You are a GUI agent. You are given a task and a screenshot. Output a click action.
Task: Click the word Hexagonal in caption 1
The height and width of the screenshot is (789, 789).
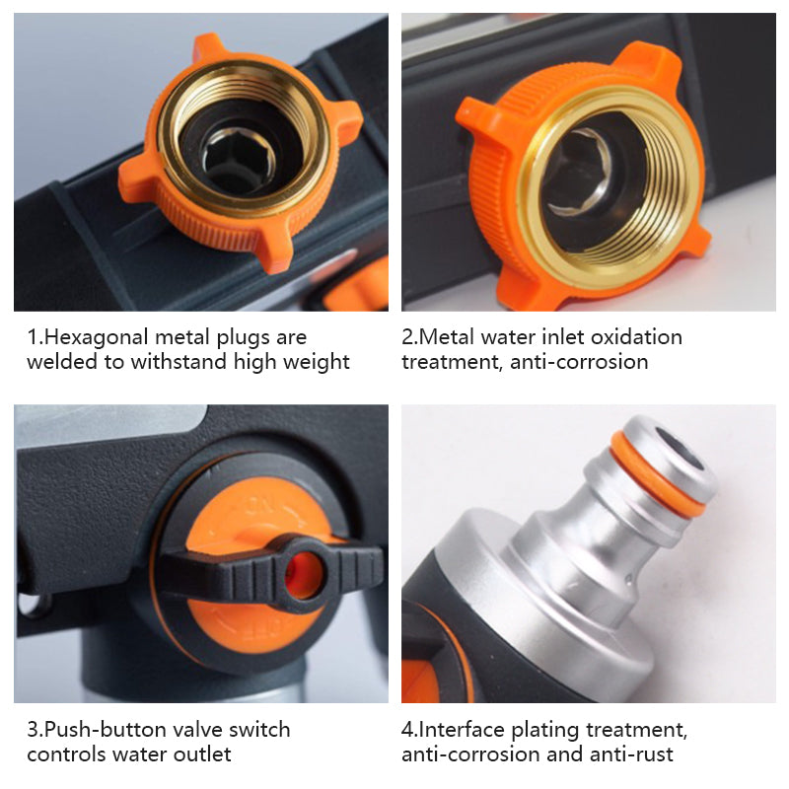click(97, 338)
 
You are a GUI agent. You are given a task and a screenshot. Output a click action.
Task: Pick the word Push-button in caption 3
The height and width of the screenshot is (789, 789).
click(107, 730)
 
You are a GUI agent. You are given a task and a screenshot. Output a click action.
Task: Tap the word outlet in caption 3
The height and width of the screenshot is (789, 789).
click(202, 754)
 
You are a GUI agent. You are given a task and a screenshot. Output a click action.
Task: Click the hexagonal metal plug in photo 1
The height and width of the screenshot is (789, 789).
click(238, 161)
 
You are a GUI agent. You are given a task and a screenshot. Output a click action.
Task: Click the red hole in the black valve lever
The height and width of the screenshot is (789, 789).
click(304, 575)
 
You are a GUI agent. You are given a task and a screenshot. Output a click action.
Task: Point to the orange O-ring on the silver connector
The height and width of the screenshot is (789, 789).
click(658, 472)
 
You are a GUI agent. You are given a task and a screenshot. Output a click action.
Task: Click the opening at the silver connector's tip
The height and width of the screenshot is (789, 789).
click(679, 448)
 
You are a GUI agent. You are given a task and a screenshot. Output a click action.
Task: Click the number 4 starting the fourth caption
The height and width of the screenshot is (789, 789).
click(407, 730)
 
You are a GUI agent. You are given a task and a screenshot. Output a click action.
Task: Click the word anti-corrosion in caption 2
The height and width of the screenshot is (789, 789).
click(579, 362)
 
